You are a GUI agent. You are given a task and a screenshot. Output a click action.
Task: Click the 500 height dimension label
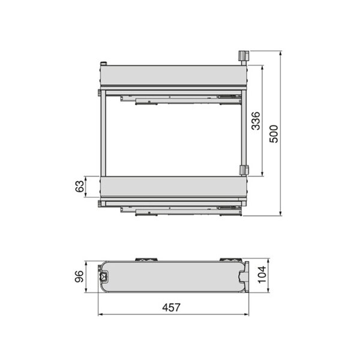point(274,134)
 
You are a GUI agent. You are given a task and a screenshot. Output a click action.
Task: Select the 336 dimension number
point(256,121)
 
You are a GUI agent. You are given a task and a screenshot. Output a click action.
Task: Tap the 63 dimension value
point(80,187)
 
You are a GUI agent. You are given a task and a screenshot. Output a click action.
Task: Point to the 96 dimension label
point(79,277)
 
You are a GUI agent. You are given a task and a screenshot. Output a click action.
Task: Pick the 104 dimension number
point(262,275)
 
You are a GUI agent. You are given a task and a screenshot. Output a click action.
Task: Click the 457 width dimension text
point(171,308)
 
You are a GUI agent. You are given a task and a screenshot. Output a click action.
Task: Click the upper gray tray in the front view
point(173,75)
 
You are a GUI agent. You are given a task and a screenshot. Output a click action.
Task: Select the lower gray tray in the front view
point(173,187)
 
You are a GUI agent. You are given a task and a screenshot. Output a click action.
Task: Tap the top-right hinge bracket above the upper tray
point(244,56)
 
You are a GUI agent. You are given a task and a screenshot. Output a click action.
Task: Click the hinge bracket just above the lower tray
point(244,170)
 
